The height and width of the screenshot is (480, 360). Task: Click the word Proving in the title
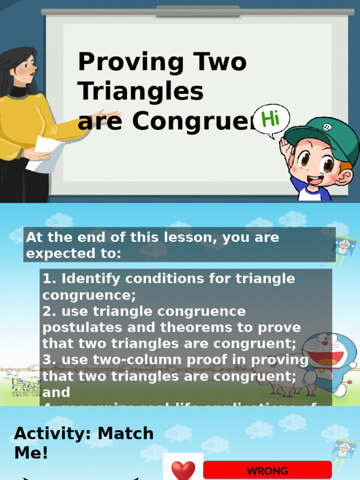click(x=130, y=63)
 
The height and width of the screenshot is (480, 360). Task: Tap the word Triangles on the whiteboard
click(x=141, y=91)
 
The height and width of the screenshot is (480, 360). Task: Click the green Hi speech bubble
click(x=271, y=120)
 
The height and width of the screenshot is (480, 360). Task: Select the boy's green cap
click(x=323, y=136)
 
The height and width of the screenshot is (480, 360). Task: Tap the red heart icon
click(x=182, y=470)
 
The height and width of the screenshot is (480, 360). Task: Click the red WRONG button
click(x=267, y=471)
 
